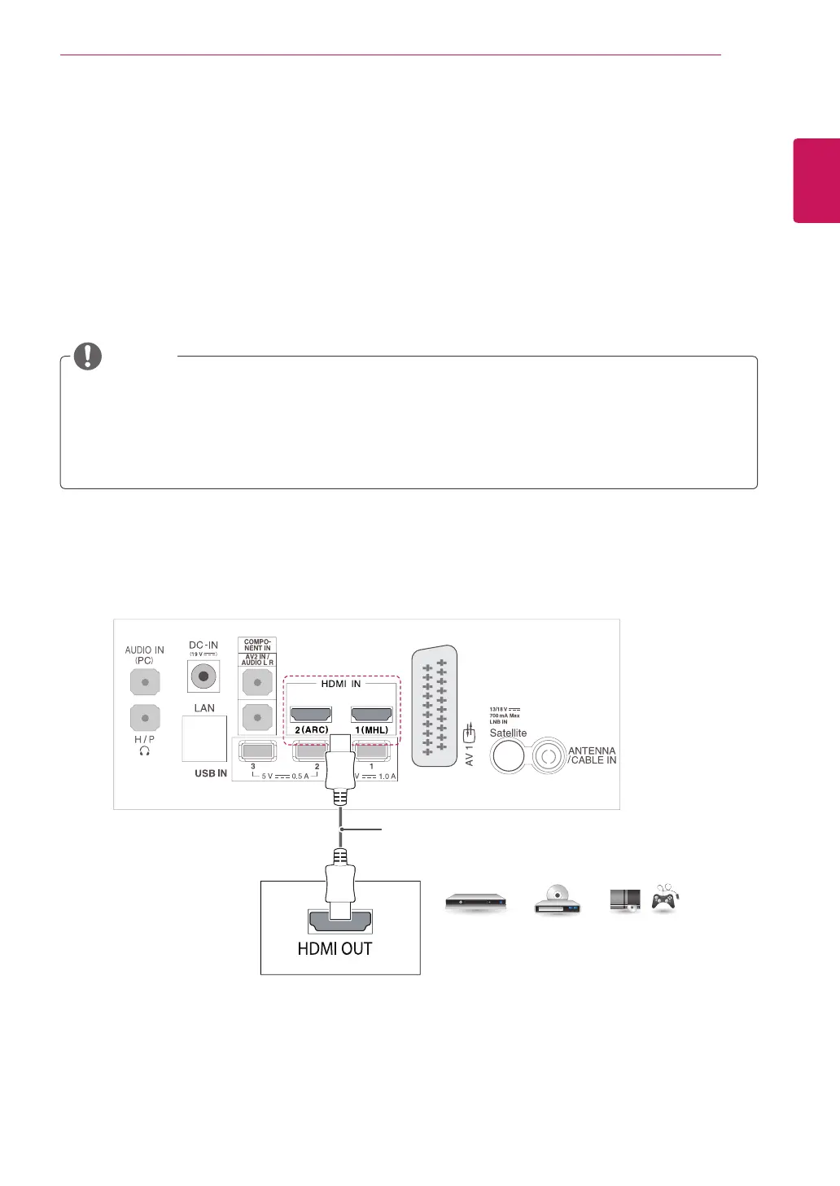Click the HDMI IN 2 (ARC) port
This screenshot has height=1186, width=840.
point(311,714)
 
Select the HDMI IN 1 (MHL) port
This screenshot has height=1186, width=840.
point(371,714)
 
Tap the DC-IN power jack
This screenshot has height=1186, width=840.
point(203,676)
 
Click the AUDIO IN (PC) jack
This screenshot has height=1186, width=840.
point(144,681)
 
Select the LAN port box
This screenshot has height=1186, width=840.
point(204,738)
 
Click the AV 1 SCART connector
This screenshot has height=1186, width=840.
point(435,707)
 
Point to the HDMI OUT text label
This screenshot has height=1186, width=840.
point(335,948)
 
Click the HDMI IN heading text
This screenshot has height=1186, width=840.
point(341,684)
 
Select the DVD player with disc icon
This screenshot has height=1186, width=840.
point(557,900)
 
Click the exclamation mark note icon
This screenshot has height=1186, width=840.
point(88,356)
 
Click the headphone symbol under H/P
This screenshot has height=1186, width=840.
point(145,751)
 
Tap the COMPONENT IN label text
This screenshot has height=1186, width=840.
point(257,645)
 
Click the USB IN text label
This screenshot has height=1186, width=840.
point(211,773)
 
